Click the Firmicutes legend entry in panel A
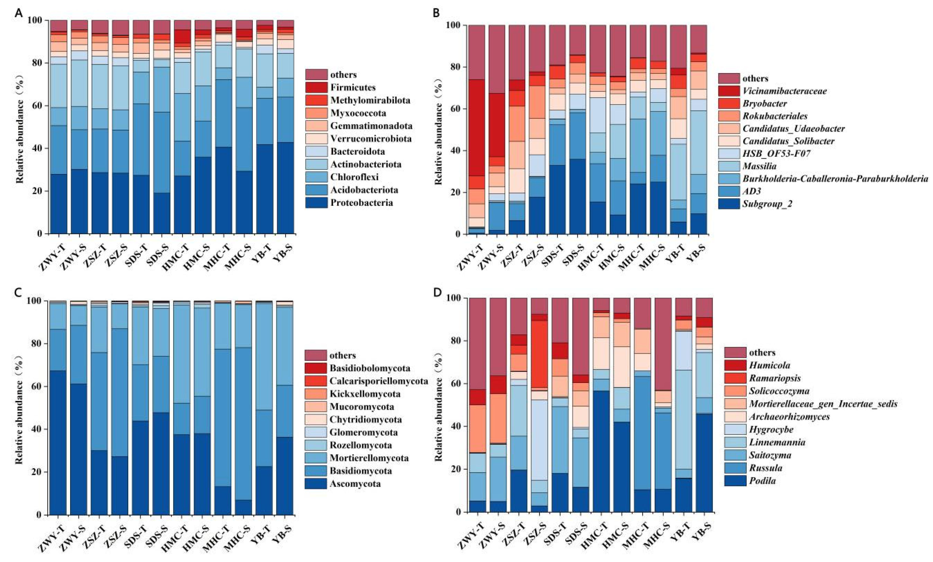click(x=353, y=87)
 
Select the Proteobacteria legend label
click(x=362, y=202)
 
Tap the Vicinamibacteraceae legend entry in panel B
click(x=784, y=91)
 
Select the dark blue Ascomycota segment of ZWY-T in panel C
click(x=58, y=442)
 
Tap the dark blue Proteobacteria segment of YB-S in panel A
click(x=285, y=188)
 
